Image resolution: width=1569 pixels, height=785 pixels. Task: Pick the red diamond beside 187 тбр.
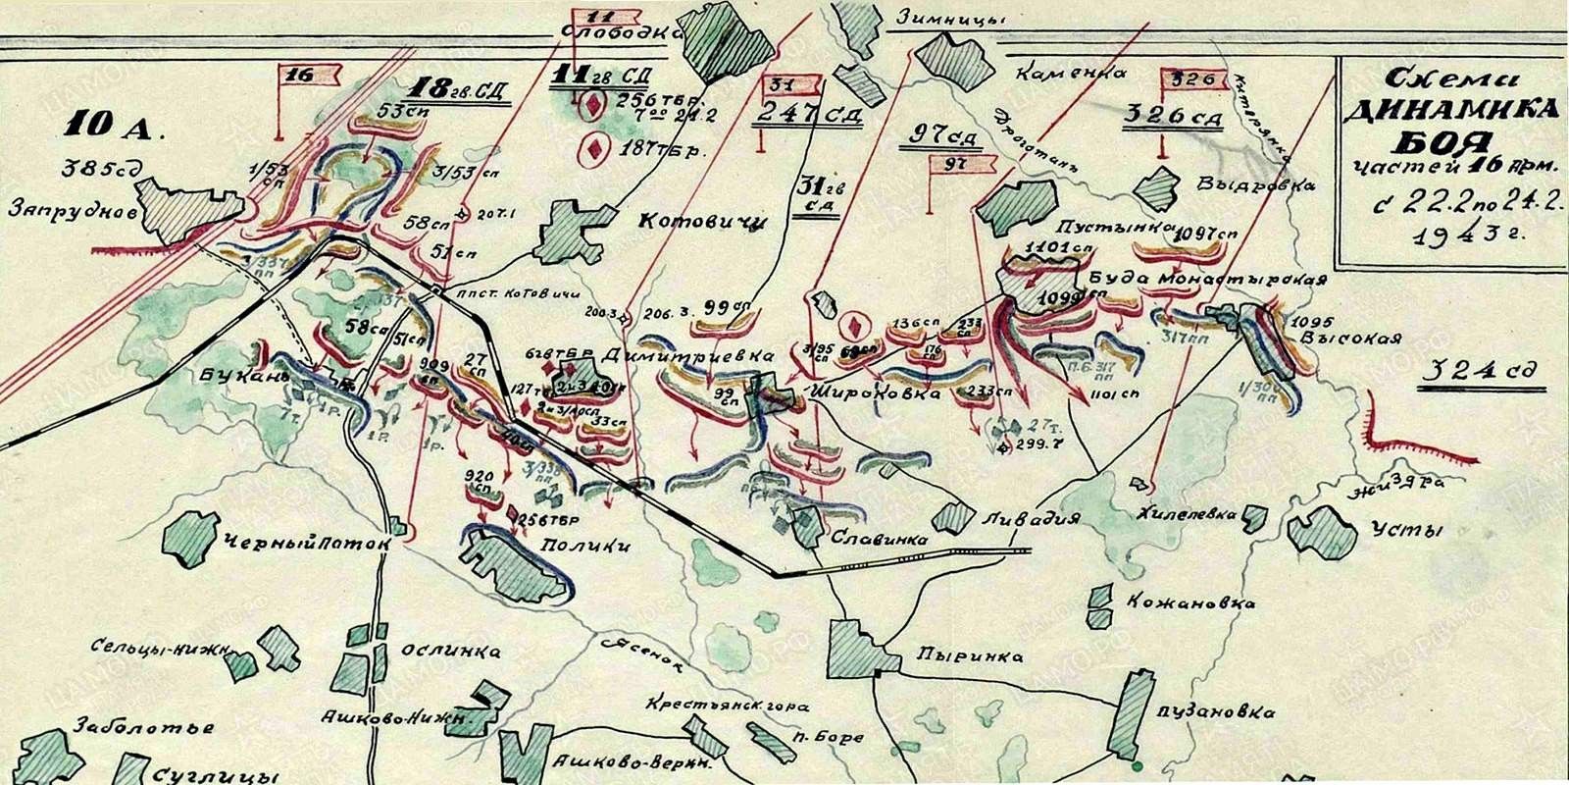coord(592,148)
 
